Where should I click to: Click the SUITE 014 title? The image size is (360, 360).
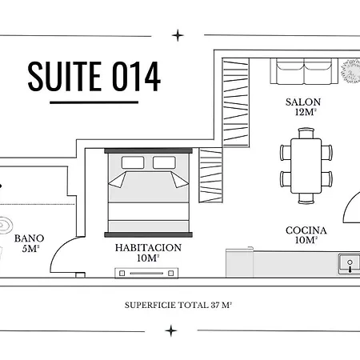click(x=94, y=76)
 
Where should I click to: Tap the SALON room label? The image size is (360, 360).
click(x=303, y=102)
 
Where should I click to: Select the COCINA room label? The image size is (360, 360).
click(x=306, y=230)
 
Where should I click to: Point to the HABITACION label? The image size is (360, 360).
click(x=148, y=248)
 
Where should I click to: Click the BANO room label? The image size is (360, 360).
click(x=29, y=238)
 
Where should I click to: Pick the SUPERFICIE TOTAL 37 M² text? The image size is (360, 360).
click(x=178, y=305)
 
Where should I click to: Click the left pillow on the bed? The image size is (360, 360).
click(x=133, y=162)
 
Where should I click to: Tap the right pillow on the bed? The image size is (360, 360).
click(x=164, y=162)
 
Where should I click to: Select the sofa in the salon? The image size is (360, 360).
click(x=304, y=71)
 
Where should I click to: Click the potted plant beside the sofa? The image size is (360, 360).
click(x=350, y=71)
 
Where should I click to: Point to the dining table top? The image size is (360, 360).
click(x=306, y=166)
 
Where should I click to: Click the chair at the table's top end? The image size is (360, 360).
click(x=306, y=133)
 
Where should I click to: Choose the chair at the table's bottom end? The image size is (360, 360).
click(x=306, y=198)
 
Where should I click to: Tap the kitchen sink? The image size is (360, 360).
click(x=350, y=264)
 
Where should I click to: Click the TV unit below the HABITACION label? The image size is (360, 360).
click(x=146, y=273)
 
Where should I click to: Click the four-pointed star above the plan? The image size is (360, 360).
click(x=178, y=35)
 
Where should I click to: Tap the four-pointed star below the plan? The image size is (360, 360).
click(x=171, y=330)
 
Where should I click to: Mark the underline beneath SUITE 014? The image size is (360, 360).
click(x=94, y=102)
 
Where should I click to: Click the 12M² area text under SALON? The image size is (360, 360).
click(x=306, y=112)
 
